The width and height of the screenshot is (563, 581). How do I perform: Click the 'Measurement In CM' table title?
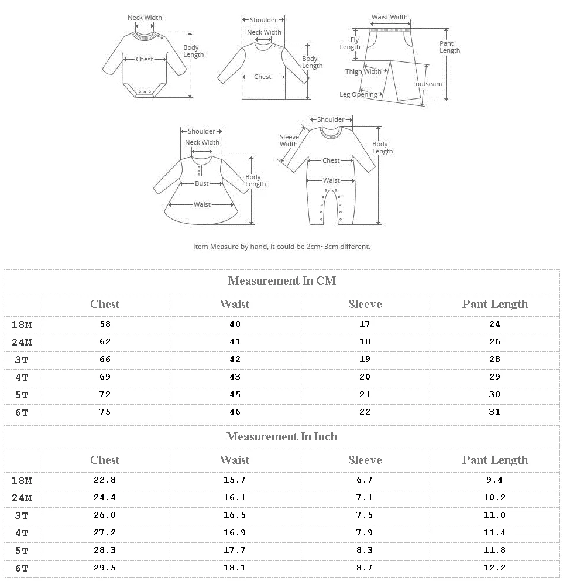click(x=281, y=281)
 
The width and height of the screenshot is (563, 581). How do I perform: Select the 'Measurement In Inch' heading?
click(x=281, y=436)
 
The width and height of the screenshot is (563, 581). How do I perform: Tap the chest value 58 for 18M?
click(x=105, y=324)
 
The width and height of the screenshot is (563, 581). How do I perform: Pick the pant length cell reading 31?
click(x=495, y=412)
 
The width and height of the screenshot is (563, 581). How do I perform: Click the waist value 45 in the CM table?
click(x=235, y=394)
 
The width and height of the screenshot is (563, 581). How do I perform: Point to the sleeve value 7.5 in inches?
click(x=365, y=515)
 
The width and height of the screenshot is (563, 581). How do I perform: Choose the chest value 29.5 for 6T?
click(x=105, y=568)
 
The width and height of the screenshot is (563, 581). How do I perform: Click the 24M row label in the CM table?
click(x=22, y=342)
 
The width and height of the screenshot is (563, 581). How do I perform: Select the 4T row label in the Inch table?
click(x=22, y=533)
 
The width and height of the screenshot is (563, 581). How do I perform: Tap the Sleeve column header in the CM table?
click(x=365, y=304)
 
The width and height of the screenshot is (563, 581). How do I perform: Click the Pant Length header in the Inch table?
click(x=495, y=460)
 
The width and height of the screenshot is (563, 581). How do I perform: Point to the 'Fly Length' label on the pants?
click(x=350, y=44)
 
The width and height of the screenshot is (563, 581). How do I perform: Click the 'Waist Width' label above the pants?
click(x=390, y=18)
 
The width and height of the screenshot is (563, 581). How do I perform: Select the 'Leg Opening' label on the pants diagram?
click(x=358, y=94)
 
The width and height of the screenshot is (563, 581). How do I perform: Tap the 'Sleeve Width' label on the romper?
click(x=289, y=141)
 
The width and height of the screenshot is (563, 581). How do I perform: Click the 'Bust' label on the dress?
click(x=202, y=183)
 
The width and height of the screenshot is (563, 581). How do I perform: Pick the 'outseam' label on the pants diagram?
click(x=428, y=84)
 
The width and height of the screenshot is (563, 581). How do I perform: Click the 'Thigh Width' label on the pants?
click(x=363, y=71)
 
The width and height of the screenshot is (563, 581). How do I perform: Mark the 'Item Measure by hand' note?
click(x=281, y=247)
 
